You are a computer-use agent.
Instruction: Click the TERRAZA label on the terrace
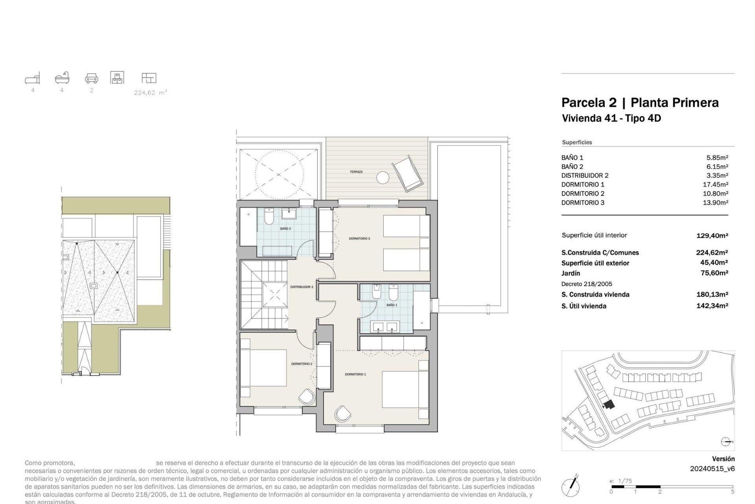pos(356,172)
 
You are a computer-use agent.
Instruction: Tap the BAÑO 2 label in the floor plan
pos(285,229)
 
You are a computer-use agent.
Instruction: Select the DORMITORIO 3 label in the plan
pos(359,239)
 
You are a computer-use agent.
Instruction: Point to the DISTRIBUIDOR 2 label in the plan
pos(302,287)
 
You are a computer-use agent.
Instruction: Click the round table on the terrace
pos(382,178)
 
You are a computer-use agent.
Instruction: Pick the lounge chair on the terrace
pos(408,174)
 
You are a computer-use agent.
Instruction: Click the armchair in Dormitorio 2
pos(307,397)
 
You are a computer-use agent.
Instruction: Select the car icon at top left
pos(92,78)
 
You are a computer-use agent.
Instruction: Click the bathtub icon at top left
pos(62,78)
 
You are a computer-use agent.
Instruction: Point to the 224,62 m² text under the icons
pos(150,93)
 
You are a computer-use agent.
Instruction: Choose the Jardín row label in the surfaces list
pos(571,273)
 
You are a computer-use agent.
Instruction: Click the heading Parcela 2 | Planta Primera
pos(640,103)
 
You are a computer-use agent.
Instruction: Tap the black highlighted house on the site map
pos(609,404)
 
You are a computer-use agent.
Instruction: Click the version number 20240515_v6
pos(712,469)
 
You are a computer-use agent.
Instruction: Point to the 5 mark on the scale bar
pos(733,491)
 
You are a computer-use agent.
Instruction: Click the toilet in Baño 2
pos(269,217)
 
